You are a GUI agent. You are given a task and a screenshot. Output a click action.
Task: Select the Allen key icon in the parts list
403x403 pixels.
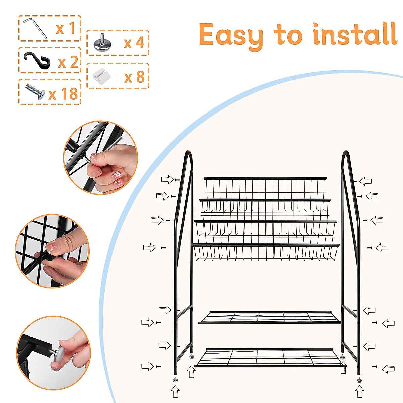36,28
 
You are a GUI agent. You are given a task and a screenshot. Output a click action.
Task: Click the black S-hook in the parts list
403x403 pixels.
37,61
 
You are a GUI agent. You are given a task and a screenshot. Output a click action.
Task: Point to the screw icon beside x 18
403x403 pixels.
35,92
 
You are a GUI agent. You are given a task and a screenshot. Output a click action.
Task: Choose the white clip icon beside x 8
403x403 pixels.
101,76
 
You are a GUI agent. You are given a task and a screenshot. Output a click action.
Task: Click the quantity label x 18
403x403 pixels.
63,94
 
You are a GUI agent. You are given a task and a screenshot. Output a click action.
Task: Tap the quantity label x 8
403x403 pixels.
134,77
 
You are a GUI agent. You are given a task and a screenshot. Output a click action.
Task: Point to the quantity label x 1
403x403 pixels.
65,28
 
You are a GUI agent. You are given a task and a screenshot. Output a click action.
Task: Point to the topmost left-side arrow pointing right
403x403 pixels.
167,179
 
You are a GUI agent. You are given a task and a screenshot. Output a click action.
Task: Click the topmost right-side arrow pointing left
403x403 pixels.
365,181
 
